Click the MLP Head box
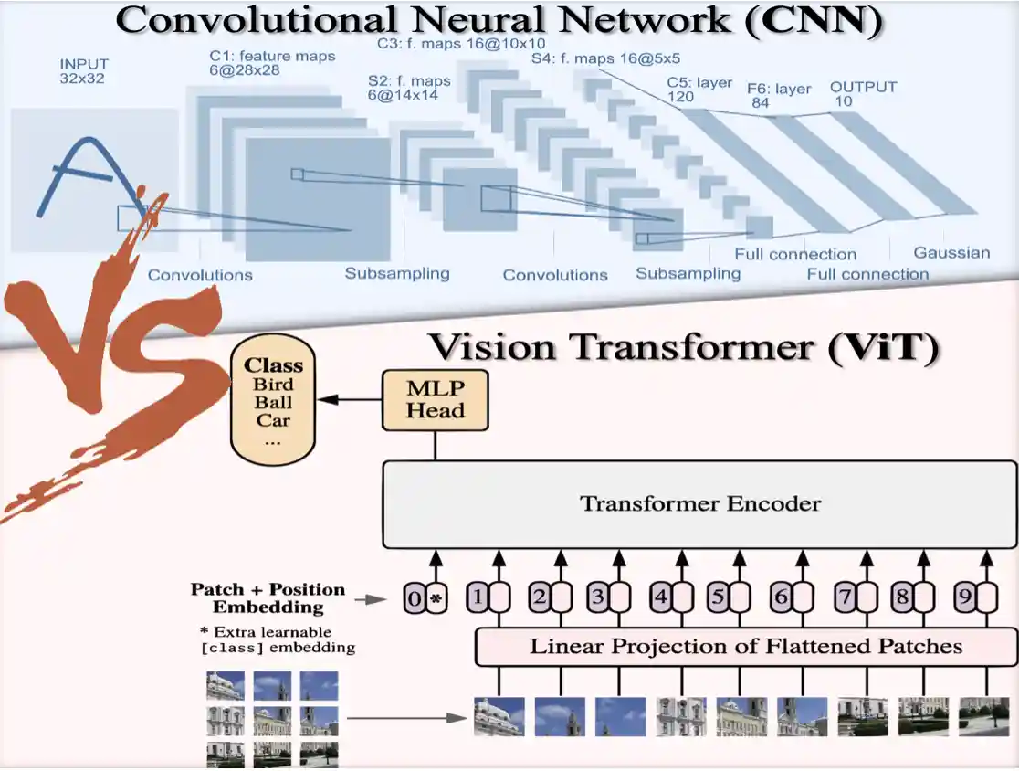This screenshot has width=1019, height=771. coord(436,400)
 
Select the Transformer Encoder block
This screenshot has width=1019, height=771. coord(700,503)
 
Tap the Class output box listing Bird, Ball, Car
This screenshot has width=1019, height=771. coord(273,401)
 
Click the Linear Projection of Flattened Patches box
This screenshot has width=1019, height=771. coord(746,647)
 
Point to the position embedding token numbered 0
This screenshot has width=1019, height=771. coord(415,599)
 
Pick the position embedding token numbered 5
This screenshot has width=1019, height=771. coord(719,598)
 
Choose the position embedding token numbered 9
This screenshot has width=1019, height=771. coord(963,598)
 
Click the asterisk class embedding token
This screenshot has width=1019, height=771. coord(436,599)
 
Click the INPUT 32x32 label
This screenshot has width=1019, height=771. coord(84,71)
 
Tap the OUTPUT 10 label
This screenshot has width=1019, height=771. coord(863,93)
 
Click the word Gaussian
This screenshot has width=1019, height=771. coord(951,253)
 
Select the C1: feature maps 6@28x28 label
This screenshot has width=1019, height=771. coord(272,63)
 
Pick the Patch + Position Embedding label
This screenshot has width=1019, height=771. coord(268,597)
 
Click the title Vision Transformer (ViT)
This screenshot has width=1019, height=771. coord(683,349)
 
